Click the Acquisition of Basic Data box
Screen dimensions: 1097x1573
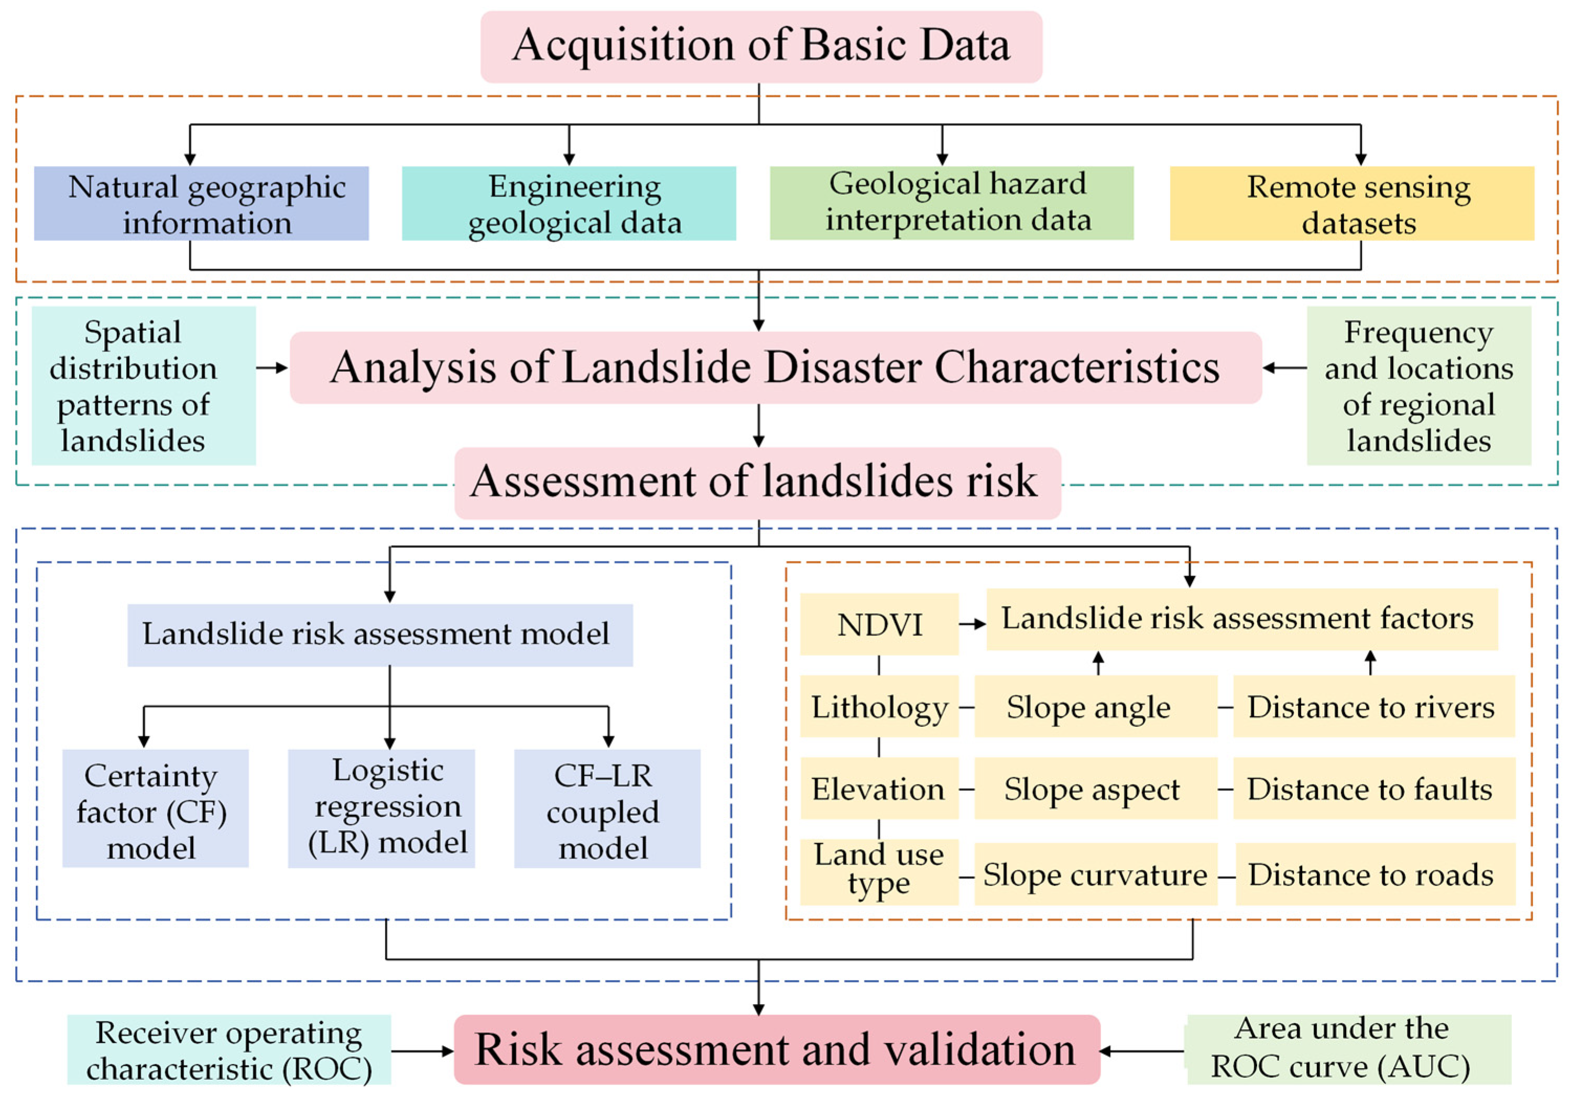(761, 47)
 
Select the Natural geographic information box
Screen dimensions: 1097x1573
(202, 203)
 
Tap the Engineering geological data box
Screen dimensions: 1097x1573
(569, 203)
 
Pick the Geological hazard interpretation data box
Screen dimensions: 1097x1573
(952, 203)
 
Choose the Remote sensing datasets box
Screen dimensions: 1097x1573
(1352, 203)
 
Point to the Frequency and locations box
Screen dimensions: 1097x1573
(1418, 385)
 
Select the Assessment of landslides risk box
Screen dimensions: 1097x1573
(757, 482)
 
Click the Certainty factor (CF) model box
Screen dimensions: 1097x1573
(156, 808)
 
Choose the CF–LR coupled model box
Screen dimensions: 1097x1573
(607, 808)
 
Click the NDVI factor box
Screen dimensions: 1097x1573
(879, 624)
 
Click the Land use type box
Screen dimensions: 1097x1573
(879, 871)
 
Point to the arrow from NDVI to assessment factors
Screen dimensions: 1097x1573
(972, 624)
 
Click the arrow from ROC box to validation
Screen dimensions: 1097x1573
(422, 1050)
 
